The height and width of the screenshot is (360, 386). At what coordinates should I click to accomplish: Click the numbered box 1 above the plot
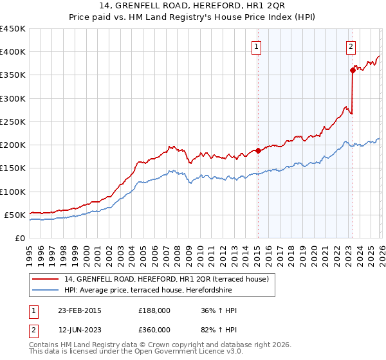pos(257,46)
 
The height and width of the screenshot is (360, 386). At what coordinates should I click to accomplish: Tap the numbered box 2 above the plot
pos(351,46)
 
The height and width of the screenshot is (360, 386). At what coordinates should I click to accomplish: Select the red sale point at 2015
pos(258,151)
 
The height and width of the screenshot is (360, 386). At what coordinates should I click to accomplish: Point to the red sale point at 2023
pos(353,71)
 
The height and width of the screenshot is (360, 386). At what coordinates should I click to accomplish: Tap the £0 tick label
pos(19,238)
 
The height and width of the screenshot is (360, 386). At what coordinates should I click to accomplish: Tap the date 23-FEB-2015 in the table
pos(79,310)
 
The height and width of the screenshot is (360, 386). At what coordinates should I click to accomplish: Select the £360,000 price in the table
pos(154,329)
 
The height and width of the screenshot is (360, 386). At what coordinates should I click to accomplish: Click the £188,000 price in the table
pos(154,310)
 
